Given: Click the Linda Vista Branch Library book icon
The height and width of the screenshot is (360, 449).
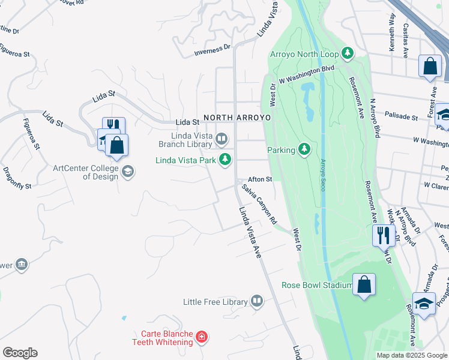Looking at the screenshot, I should (x=221, y=140).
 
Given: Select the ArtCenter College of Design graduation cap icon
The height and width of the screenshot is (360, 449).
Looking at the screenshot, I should (x=127, y=172).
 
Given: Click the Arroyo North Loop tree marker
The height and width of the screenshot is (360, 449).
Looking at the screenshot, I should (x=347, y=54).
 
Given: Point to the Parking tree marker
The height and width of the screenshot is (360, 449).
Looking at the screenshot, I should (x=304, y=149).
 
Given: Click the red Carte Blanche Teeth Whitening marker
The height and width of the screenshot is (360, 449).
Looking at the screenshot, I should (x=202, y=337).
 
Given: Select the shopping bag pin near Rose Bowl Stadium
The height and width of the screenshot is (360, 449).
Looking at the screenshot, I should (x=364, y=285).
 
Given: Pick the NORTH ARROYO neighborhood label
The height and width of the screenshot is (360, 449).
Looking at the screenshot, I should (x=237, y=118).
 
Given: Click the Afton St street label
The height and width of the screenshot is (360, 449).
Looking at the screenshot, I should (x=261, y=179).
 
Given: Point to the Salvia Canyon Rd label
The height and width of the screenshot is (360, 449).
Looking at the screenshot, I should (x=259, y=205).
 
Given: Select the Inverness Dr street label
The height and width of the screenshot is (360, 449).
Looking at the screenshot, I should (x=212, y=50).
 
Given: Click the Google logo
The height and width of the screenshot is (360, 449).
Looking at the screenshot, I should (x=20, y=353).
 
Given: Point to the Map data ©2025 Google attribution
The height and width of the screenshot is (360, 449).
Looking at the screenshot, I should (x=412, y=355).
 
